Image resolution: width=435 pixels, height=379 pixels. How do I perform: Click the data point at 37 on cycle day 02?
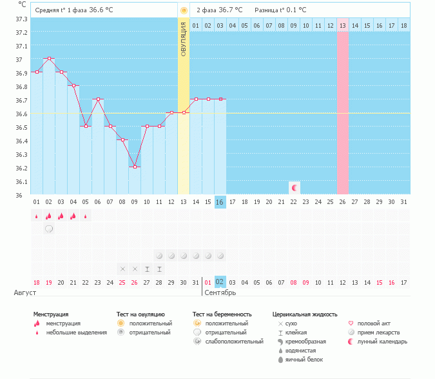[49, 59]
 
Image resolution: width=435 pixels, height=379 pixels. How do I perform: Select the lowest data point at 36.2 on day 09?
[135, 167]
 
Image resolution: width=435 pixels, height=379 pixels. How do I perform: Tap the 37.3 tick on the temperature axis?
[21, 19]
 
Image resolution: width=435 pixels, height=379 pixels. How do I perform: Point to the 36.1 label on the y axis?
[21, 182]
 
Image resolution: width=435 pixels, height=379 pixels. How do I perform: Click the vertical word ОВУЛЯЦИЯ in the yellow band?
[184, 39]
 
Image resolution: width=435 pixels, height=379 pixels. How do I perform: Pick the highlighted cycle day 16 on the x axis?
[220, 202]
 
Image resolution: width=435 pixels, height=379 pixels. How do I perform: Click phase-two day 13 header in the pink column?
[343, 25]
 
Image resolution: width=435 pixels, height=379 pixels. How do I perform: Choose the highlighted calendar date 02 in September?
[220, 282]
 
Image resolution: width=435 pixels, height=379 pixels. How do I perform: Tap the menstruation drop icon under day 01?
[37, 216]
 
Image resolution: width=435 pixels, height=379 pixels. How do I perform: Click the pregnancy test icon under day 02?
[49, 229]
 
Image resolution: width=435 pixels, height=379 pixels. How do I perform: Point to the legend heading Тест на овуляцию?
[140, 314]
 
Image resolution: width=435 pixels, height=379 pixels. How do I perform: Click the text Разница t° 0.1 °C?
[280, 10]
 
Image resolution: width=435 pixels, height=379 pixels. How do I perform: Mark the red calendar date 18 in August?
[37, 282]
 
